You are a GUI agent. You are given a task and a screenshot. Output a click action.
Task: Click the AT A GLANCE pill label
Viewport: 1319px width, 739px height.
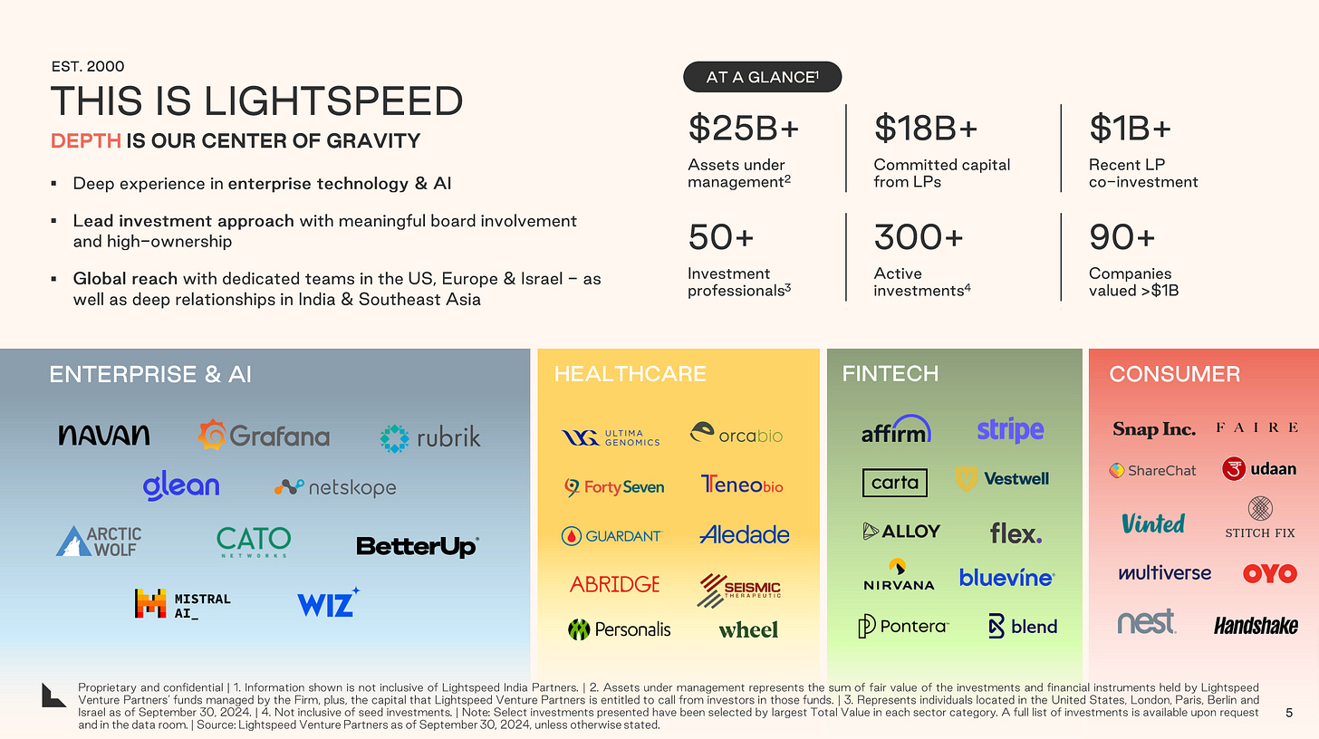pyautogui.click(x=761, y=77)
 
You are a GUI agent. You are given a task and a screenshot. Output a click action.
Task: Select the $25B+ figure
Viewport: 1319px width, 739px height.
pyautogui.click(x=743, y=130)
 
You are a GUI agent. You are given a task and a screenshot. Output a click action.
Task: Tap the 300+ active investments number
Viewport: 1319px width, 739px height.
pyautogui.click(x=918, y=238)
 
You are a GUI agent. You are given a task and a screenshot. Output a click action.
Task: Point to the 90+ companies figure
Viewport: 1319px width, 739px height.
pyautogui.click(x=1122, y=238)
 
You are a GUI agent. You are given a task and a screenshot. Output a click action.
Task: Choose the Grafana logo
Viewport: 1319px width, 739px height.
pyautogui.click(x=264, y=437)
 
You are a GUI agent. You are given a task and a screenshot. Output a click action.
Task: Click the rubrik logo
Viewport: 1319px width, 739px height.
pyautogui.click(x=430, y=438)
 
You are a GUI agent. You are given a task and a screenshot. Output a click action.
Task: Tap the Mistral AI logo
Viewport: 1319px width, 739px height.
pyautogui.click(x=182, y=604)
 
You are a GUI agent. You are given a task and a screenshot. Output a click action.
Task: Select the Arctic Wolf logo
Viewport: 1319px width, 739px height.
pyautogui.click(x=99, y=542)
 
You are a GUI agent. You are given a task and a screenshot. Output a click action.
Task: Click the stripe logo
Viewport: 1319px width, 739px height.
pyautogui.click(x=1010, y=430)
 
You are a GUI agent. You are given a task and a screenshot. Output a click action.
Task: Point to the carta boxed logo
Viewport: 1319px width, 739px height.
pyautogui.click(x=894, y=483)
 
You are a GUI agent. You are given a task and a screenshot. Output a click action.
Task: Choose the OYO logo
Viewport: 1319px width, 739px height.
pyautogui.click(x=1269, y=573)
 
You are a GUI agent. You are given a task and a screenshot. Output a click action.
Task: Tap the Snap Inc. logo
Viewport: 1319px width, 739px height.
pyautogui.click(x=1153, y=429)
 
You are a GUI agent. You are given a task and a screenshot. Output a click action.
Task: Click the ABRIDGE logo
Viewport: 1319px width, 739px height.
pyautogui.click(x=614, y=584)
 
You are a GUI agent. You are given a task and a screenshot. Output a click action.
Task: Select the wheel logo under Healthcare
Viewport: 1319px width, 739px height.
pyautogui.click(x=748, y=629)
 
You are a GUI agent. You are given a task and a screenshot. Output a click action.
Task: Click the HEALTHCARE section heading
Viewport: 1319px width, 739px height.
pyautogui.click(x=630, y=374)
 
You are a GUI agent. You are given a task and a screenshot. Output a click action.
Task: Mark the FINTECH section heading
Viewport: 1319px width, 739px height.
pyautogui.click(x=890, y=374)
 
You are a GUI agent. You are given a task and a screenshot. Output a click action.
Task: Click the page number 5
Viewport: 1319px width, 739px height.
pyautogui.click(x=1289, y=714)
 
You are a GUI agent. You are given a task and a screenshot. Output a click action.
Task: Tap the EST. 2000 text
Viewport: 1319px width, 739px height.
pyautogui.click(x=87, y=66)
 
